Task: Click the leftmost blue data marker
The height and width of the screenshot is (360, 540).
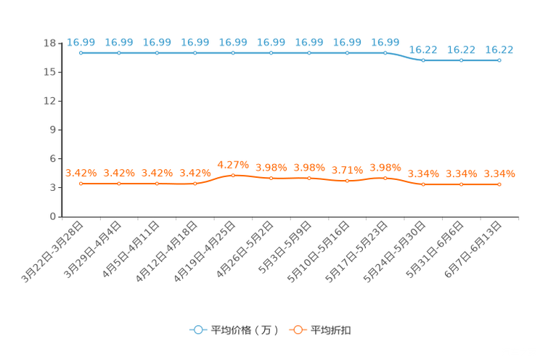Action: (x=81, y=53)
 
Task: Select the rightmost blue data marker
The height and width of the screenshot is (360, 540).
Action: (x=499, y=60)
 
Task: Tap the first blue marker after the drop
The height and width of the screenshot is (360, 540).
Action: (x=423, y=60)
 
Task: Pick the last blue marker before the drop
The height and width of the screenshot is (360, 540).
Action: (x=385, y=53)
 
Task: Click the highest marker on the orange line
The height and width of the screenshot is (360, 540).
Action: (x=233, y=174)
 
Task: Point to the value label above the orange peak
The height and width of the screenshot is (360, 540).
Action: (x=233, y=163)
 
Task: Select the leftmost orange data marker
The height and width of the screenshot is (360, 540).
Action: (x=81, y=184)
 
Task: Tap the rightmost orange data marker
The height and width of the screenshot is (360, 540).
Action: (x=499, y=185)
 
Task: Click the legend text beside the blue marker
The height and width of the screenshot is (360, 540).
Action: (x=245, y=330)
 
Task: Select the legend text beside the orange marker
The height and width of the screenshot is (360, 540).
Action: (x=332, y=330)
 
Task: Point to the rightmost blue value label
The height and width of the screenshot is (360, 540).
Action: (x=499, y=49)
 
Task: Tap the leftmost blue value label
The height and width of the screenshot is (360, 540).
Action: (x=81, y=41)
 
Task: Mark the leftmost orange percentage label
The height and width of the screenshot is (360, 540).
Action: (x=81, y=173)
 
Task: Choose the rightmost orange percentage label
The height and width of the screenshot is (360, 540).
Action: (x=499, y=173)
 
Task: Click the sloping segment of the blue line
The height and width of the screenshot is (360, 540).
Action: (x=404, y=57)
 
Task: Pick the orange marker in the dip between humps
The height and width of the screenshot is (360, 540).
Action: (x=348, y=181)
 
